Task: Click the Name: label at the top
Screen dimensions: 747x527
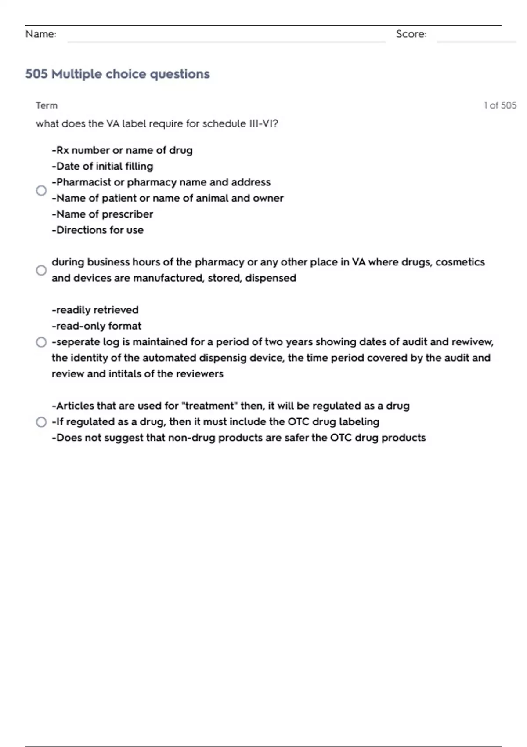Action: [41, 34]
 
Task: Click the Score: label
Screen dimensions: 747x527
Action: [411, 34]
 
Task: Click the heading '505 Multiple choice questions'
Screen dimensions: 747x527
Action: [117, 74]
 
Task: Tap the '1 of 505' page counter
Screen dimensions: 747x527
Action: [500, 105]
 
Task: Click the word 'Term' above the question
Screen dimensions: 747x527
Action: [47, 105]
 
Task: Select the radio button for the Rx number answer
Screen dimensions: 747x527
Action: [41, 190]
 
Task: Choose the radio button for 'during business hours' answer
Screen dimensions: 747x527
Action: [41, 270]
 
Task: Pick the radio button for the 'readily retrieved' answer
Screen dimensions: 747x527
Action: [41, 342]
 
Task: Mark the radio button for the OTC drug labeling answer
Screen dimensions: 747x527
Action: [41, 422]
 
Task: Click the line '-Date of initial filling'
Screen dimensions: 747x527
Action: [102, 166]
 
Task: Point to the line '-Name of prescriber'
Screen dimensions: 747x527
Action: [102, 214]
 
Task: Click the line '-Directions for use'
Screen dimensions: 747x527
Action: [97, 230]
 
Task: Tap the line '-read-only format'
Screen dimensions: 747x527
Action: [97, 326]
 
